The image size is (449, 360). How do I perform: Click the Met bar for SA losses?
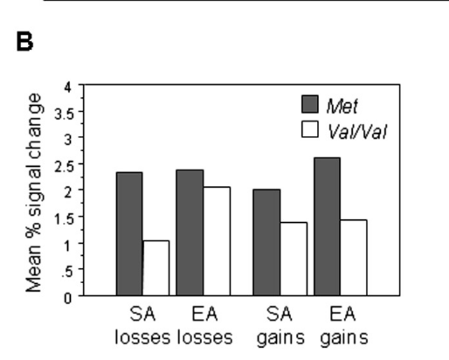pos(129,234)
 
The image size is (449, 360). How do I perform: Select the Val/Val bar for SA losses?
pos(156,268)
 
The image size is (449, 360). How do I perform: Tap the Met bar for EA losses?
pos(190,232)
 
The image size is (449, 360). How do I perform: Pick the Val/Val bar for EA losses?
pos(217,241)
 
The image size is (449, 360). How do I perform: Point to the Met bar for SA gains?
pos(266,242)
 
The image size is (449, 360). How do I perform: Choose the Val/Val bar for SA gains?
pos(294,259)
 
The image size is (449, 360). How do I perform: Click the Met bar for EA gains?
pos(328,226)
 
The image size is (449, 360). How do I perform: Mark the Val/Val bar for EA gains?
pos(354,258)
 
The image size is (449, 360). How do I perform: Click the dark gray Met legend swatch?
pos(310,104)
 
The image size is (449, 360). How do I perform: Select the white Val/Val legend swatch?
pos(310,129)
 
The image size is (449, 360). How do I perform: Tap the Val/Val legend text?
pos(357,132)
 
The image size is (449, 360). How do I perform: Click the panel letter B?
pos(24,42)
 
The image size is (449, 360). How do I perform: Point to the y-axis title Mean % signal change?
pos(34,193)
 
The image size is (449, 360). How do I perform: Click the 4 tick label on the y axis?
pos(68,87)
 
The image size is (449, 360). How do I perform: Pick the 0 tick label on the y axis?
pos(68,298)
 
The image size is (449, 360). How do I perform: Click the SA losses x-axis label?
pos(142,326)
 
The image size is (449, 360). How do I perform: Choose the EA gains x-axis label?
pos(344,327)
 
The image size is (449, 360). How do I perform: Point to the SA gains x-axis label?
pos(280,327)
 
